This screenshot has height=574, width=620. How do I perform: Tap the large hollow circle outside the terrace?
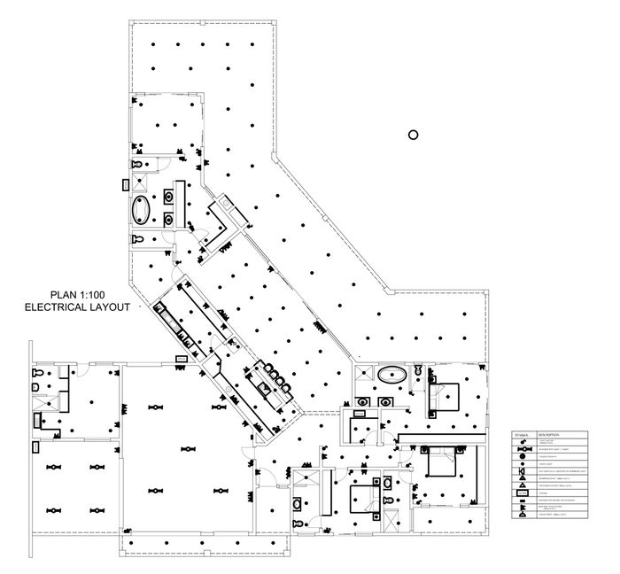tap(412, 135)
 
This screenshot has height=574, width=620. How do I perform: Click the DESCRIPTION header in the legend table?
tap(549, 436)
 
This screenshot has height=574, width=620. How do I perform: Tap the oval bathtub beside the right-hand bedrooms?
tap(391, 376)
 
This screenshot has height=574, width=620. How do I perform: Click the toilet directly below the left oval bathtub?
tap(136, 240)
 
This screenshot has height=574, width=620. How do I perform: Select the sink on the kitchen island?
tap(262, 384)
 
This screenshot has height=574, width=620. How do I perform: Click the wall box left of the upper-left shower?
tap(123, 185)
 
